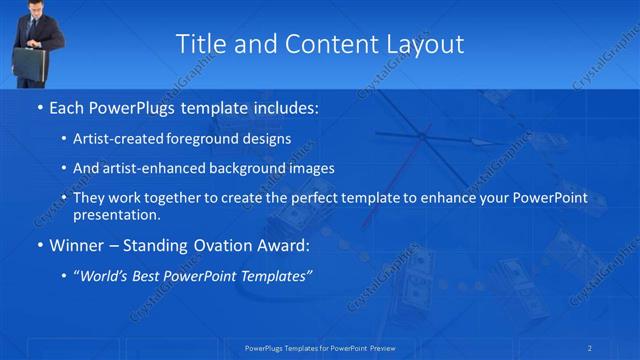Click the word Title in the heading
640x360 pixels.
click(x=201, y=44)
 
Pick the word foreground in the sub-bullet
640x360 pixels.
click(x=205, y=139)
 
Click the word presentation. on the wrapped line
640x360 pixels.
click(x=116, y=214)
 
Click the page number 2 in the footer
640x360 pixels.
click(x=590, y=348)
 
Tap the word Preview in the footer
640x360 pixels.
click(x=391, y=348)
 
